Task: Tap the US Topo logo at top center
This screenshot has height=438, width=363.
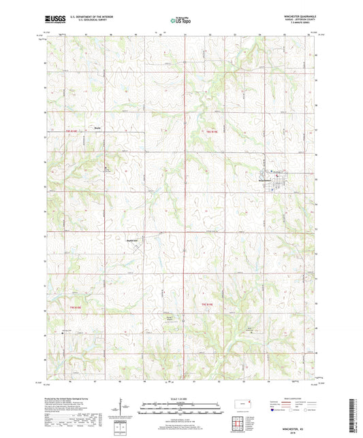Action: (180, 21)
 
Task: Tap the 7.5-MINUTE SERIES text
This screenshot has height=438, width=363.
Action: (304, 25)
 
